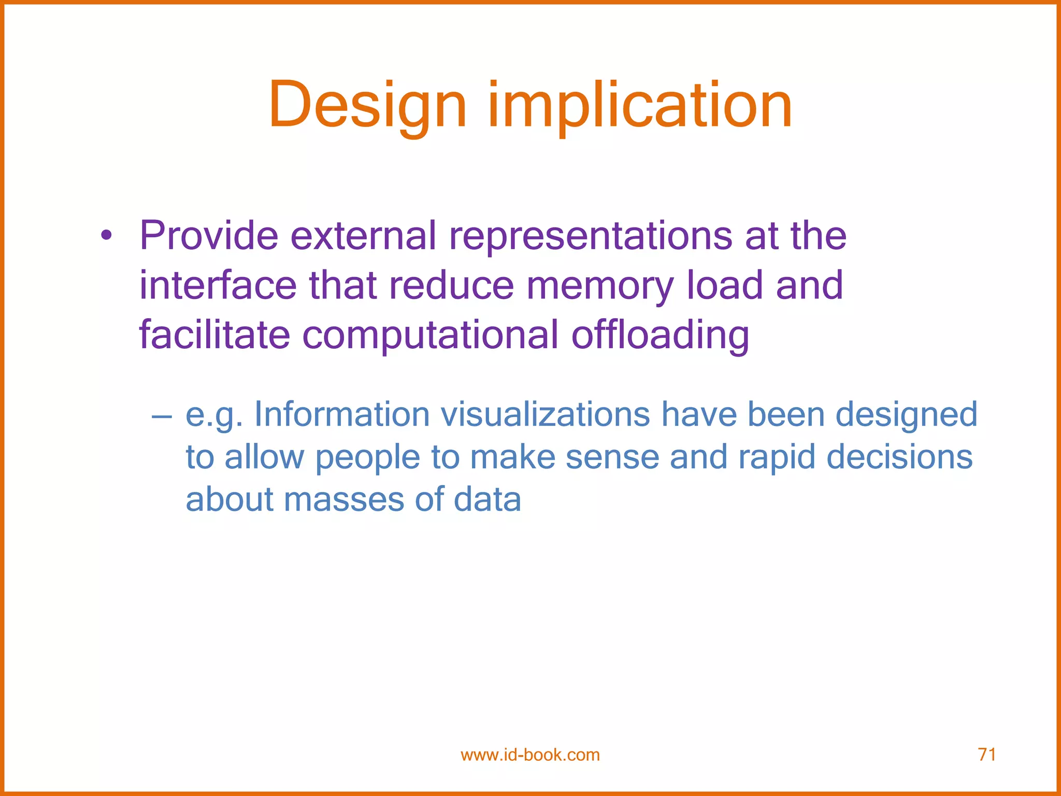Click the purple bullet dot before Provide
[106, 237]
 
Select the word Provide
[209, 236]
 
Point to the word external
[363, 236]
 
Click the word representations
[590, 236]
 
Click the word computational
[430, 335]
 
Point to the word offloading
[660, 335]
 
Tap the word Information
[342, 415]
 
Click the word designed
[906, 416]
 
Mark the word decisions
[899, 458]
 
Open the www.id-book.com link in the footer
[530, 755]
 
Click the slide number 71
[986, 754]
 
